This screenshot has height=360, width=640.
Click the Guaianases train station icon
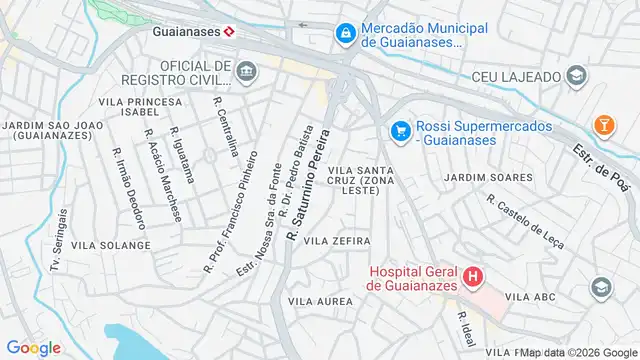click(x=229, y=31)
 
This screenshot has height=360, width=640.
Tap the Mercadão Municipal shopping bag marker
click(x=345, y=34)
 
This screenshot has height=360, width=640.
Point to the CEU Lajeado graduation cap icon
click(x=575, y=76)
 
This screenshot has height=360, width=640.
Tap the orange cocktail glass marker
click(x=603, y=124)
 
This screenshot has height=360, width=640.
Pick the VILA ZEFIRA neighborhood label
click(x=337, y=241)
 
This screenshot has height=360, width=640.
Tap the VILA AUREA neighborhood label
click(x=319, y=300)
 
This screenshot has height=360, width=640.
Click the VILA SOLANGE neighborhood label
click(x=111, y=245)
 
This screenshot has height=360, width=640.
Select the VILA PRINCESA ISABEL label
click(x=141, y=108)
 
